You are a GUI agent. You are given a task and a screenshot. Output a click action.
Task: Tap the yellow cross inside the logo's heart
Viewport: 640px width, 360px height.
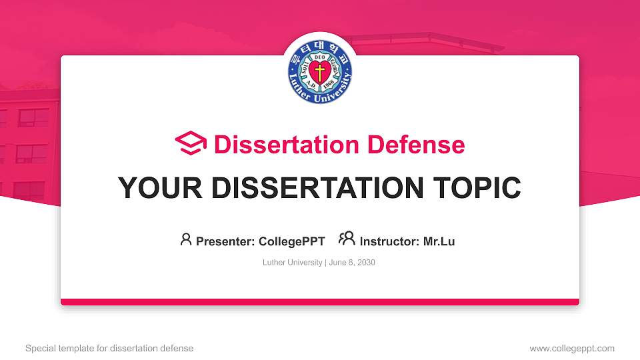pyautogui.click(x=320, y=73)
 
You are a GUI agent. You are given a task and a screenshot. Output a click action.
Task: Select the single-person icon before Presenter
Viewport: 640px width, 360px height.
pyautogui.click(x=186, y=239)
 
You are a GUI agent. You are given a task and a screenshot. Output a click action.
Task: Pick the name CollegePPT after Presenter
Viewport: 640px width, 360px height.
pyautogui.click(x=291, y=241)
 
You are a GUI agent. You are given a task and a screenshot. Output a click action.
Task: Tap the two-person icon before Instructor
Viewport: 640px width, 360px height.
pyautogui.click(x=347, y=239)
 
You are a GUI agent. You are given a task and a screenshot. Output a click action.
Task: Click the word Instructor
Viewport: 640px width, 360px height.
pyautogui.click(x=388, y=241)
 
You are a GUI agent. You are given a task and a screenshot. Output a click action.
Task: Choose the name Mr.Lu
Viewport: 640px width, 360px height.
pyautogui.click(x=439, y=241)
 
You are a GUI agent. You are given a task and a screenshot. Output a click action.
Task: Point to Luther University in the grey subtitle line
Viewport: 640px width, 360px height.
pyautogui.click(x=293, y=263)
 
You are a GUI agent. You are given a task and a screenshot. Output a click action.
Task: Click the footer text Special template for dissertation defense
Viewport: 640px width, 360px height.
pyautogui.click(x=109, y=348)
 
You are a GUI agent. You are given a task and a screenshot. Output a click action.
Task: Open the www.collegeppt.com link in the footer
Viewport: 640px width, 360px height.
pyautogui.click(x=572, y=348)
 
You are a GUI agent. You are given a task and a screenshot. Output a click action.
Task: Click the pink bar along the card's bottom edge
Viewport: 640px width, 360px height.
pyautogui.click(x=320, y=302)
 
